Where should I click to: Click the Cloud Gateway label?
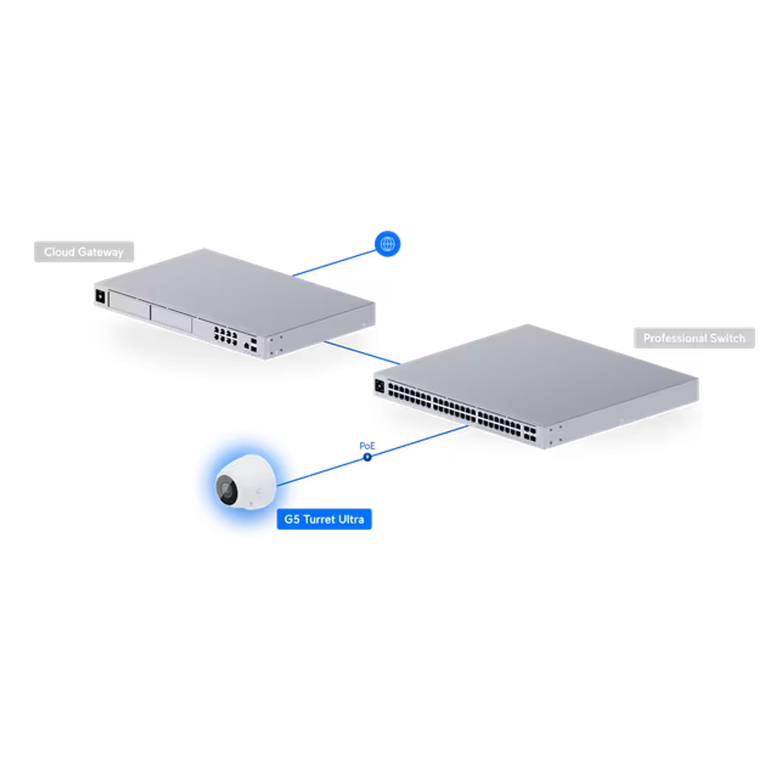(x=84, y=252)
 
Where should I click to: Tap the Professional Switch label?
(x=694, y=338)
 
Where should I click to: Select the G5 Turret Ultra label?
(x=324, y=519)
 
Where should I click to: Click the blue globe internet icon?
(x=387, y=243)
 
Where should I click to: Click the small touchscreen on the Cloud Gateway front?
(x=100, y=297)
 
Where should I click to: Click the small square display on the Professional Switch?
(x=379, y=386)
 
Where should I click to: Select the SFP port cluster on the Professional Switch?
(x=530, y=433)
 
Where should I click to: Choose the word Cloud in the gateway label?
(x=59, y=252)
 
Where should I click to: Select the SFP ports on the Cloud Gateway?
(x=253, y=345)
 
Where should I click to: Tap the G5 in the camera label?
(x=292, y=519)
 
